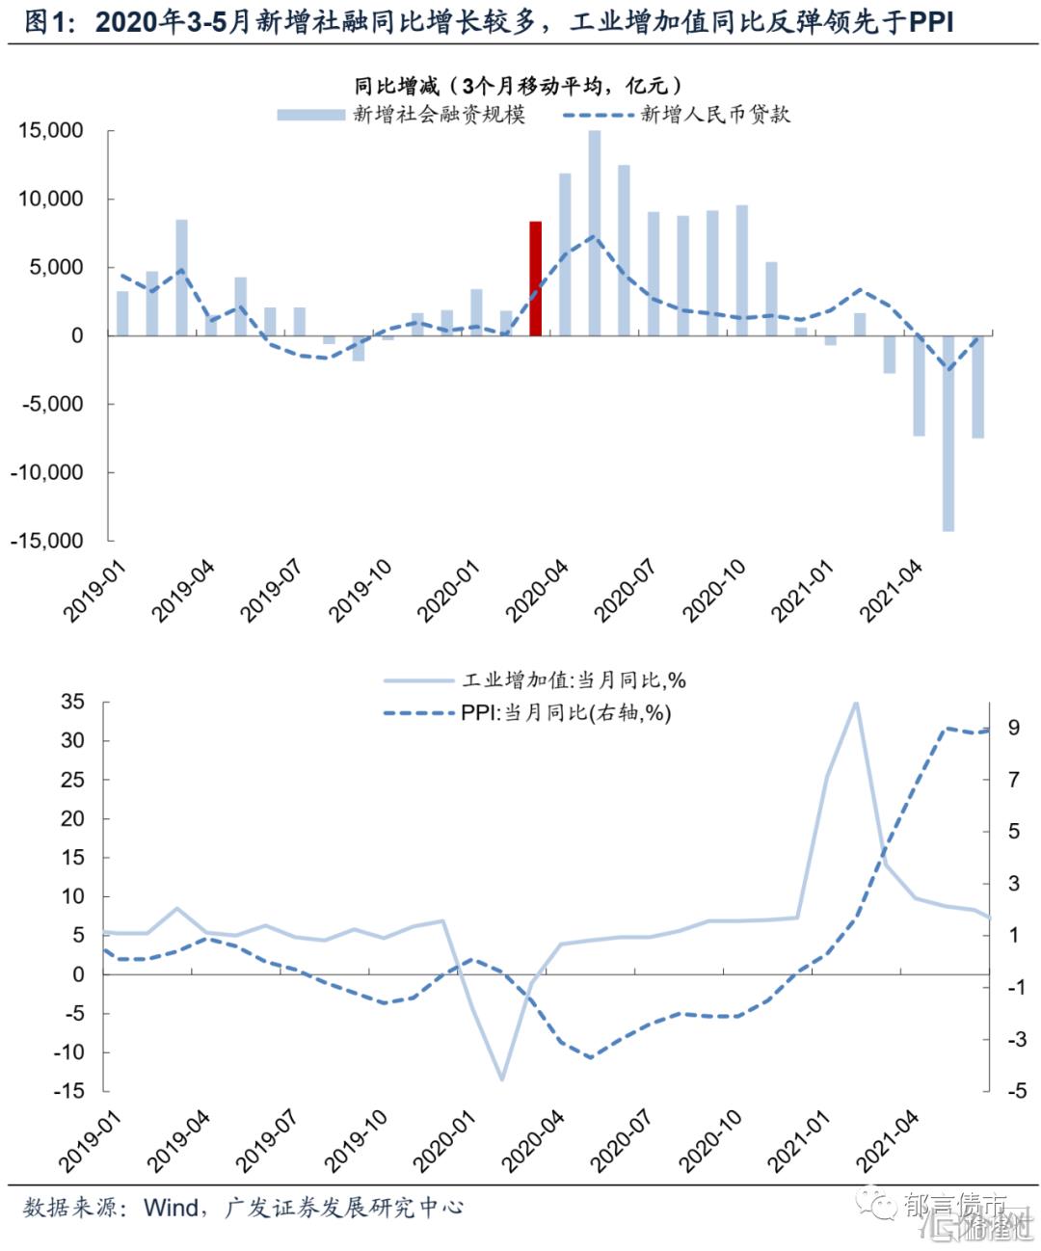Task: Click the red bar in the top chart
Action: (x=536, y=279)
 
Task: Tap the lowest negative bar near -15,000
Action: (x=948, y=434)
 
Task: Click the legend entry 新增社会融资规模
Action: (x=439, y=115)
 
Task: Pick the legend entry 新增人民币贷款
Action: (x=714, y=115)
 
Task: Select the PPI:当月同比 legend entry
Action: (x=566, y=713)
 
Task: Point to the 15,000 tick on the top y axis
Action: (x=51, y=130)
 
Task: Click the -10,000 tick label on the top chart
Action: (x=47, y=472)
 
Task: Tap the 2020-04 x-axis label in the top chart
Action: (x=538, y=591)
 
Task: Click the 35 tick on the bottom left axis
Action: (x=73, y=702)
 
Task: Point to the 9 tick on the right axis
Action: (x=1013, y=728)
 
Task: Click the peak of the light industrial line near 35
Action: (x=855, y=704)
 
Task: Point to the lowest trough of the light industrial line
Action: (x=501, y=1079)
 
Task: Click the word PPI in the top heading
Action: (x=931, y=22)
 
